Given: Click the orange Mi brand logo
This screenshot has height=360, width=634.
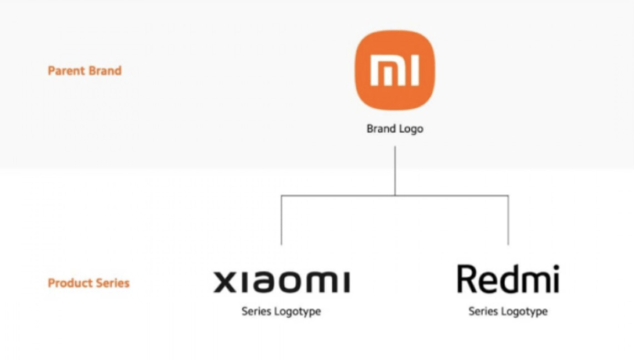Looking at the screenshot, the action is pyautogui.click(x=395, y=70).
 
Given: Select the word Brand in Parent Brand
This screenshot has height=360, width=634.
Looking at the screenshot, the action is pyautogui.click(x=105, y=70).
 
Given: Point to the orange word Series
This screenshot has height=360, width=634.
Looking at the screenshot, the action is pyautogui.click(x=111, y=283).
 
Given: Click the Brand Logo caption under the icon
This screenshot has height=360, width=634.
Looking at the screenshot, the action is pyautogui.click(x=395, y=128).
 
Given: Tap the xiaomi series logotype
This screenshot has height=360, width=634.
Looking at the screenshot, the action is pyautogui.click(x=282, y=282).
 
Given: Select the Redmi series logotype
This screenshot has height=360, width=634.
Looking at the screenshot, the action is pyautogui.click(x=508, y=279).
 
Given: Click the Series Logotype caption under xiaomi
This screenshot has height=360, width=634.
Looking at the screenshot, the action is pyautogui.click(x=282, y=311).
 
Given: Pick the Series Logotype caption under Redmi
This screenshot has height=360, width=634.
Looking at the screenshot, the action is pyautogui.click(x=508, y=311).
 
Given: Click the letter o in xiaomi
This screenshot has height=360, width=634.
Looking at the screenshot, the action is pyautogui.click(x=292, y=282).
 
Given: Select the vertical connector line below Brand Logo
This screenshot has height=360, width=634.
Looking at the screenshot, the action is pyautogui.click(x=395, y=171).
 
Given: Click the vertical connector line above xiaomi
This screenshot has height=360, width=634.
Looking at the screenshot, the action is pyautogui.click(x=282, y=220).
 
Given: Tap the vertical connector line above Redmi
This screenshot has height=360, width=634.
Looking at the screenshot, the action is pyautogui.click(x=508, y=220).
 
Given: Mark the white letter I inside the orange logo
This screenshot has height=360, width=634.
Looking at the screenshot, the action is pyautogui.click(x=414, y=70).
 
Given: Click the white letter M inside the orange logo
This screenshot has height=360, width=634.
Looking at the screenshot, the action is pyautogui.click(x=387, y=70).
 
